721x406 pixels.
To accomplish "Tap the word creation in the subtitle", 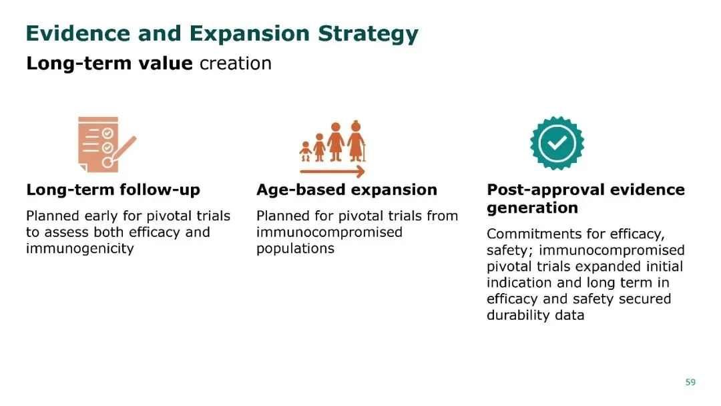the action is pyautogui.click(x=236, y=63).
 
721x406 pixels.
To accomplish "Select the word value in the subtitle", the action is pyautogui.click(x=166, y=63).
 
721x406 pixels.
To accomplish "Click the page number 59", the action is pyautogui.click(x=690, y=382).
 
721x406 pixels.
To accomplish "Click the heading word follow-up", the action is pyautogui.click(x=160, y=190).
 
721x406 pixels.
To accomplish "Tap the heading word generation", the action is pyautogui.click(x=532, y=208).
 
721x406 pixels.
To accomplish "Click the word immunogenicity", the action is pyautogui.click(x=79, y=249).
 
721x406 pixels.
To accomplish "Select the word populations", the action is pyautogui.click(x=295, y=249).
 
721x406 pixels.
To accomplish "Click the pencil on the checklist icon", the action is pyautogui.click(x=120, y=152).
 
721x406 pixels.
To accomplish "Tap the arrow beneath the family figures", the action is pyautogui.click(x=332, y=172).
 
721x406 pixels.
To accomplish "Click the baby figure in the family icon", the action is pyautogui.click(x=305, y=152).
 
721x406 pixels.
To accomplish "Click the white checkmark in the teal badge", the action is pyautogui.click(x=557, y=143).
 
